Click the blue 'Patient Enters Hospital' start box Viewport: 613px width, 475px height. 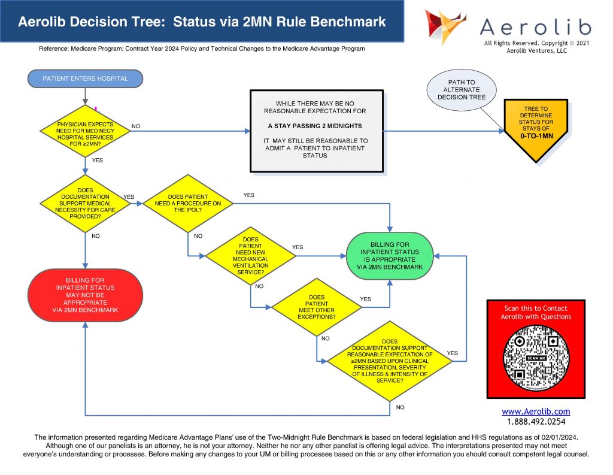click(x=85, y=78)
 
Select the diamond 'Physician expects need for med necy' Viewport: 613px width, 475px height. click(x=85, y=131)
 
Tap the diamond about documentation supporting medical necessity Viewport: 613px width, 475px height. click(x=85, y=203)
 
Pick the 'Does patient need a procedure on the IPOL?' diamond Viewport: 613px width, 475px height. click(x=188, y=204)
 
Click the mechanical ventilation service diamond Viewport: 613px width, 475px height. click(x=251, y=256)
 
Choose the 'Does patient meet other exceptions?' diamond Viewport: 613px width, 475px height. click(x=317, y=307)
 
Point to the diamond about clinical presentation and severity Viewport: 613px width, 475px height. click(x=389, y=361)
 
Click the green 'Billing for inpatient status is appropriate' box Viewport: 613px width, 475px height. click(x=390, y=256)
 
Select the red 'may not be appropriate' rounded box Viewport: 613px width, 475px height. click(x=85, y=295)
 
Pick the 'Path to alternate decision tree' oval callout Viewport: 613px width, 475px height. click(x=462, y=90)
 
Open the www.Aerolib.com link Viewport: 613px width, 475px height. click(x=535, y=412)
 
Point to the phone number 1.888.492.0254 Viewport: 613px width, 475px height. click(x=535, y=422)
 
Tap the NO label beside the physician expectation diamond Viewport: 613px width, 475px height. click(x=136, y=126)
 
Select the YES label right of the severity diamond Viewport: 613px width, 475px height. click(x=453, y=353)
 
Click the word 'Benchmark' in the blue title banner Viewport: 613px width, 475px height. click(x=350, y=22)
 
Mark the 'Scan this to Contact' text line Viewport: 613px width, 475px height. click(x=535, y=308)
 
